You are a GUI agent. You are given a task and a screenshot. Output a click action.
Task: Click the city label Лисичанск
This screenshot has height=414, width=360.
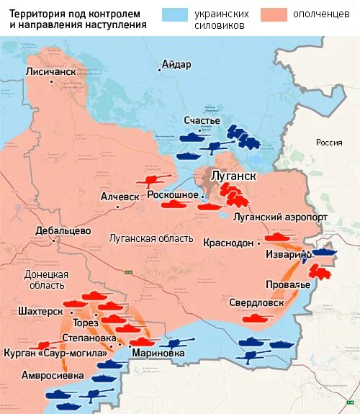(50, 72)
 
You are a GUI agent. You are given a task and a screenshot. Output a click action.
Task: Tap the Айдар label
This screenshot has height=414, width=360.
(176, 64)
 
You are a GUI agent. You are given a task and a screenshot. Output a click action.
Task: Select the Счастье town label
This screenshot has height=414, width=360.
(202, 120)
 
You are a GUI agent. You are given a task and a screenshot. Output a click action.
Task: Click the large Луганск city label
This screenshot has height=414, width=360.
(232, 175)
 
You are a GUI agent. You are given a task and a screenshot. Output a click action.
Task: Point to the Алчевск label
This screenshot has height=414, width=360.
(120, 197)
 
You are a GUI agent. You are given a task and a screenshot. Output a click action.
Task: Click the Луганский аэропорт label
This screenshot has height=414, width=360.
(281, 217)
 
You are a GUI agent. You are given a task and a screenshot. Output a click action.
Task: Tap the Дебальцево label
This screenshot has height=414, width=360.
(63, 231)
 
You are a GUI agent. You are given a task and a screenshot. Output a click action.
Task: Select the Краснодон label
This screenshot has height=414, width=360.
(228, 243)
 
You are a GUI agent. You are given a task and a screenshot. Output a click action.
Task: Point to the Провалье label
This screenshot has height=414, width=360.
(287, 284)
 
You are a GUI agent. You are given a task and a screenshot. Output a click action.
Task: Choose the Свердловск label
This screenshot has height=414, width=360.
(255, 302)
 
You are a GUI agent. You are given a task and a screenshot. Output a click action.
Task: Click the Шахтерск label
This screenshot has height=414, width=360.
(40, 311)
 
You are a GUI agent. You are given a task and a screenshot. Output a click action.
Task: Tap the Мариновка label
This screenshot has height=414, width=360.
(158, 353)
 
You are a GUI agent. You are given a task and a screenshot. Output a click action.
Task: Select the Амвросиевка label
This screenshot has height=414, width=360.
(53, 375)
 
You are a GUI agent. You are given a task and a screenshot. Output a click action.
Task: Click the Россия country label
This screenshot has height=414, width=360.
(329, 143)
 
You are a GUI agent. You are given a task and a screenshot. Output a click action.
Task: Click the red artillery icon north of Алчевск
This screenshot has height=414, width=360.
(156, 180)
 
